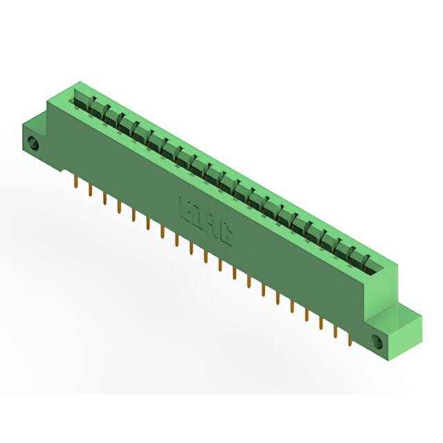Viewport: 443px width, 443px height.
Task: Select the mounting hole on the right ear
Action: pos(377,342)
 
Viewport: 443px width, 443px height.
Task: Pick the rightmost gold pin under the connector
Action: pos(350,338)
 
